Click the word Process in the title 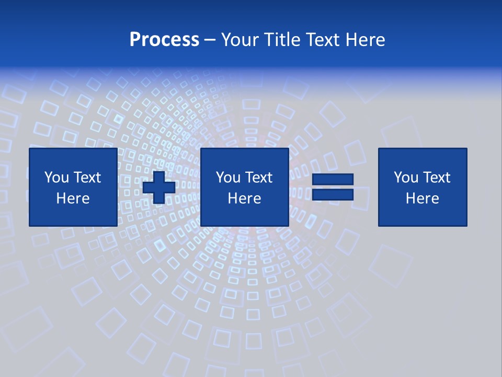(x=164, y=40)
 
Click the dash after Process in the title (x=210, y=40)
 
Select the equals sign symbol (x=333, y=187)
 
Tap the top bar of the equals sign (x=333, y=180)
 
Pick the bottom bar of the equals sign (x=333, y=194)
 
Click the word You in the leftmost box (x=56, y=178)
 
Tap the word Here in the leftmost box (x=73, y=198)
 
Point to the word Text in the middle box (x=258, y=178)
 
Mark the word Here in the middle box (x=244, y=198)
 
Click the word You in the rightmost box (x=406, y=178)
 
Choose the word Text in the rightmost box (x=436, y=178)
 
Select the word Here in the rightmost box (x=422, y=198)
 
